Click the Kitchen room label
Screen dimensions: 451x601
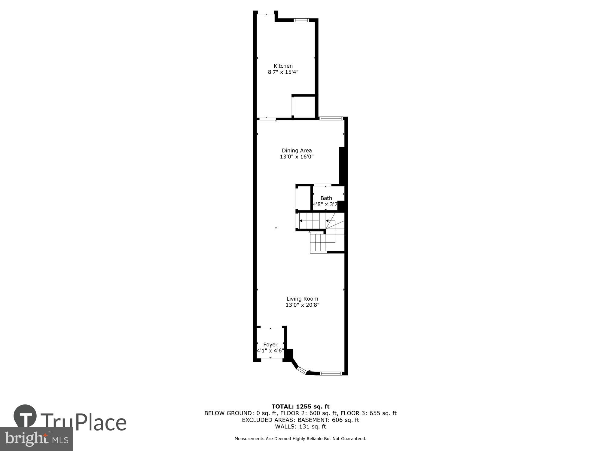[283, 66]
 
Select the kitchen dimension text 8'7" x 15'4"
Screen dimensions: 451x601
[283, 72]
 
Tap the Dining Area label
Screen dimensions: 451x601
[297, 150]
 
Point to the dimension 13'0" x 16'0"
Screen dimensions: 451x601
[297, 157]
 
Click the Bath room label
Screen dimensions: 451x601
[326, 198]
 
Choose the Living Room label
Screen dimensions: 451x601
[302, 299]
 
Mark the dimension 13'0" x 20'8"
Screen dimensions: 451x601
[302, 305]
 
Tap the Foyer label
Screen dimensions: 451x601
[270, 345]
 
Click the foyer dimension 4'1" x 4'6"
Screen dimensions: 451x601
[270, 351]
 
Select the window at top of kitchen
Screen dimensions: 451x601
[301, 20]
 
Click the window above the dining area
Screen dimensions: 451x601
[331, 118]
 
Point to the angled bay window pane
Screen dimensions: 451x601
[301, 370]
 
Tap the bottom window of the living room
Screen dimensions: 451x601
[331, 373]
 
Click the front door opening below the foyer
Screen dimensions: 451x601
[272, 360]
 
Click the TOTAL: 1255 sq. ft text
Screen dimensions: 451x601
[300, 407]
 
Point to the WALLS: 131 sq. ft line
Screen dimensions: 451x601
[300, 426]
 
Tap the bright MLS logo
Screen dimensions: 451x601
[36, 439]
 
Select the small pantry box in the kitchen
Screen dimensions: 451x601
[304, 107]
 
